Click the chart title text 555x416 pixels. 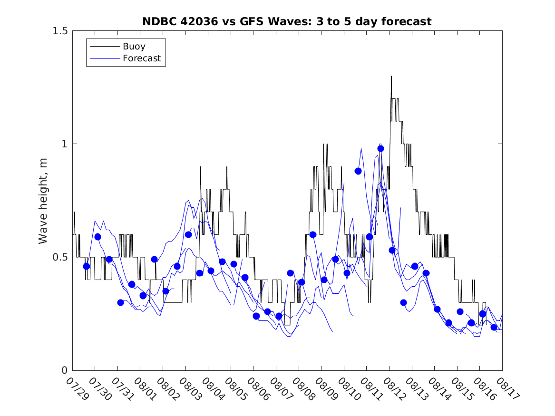pyautogui.click(x=287, y=21)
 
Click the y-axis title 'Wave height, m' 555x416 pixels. pyautogui.click(x=43, y=201)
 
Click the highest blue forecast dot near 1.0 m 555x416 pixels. pyautogui.click(x=380, y=148)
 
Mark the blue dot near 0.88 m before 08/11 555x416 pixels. pyautogui.click(x=358, y=171)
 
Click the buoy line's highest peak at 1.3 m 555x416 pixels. pyautogui.click(x=391, y=77)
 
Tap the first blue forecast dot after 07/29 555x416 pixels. pyautogui.click(x=86, y=266)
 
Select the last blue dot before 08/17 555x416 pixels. pyautogui.click(x=494, y=327)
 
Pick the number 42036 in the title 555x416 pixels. pyautogui.click(x=196, y=21)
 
